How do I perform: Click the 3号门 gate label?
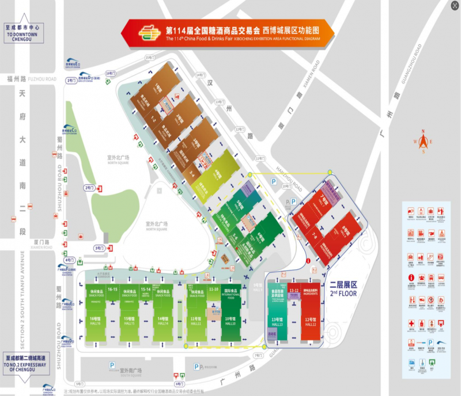(x=99, y=247)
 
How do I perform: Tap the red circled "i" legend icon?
(x=411, y=277)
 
